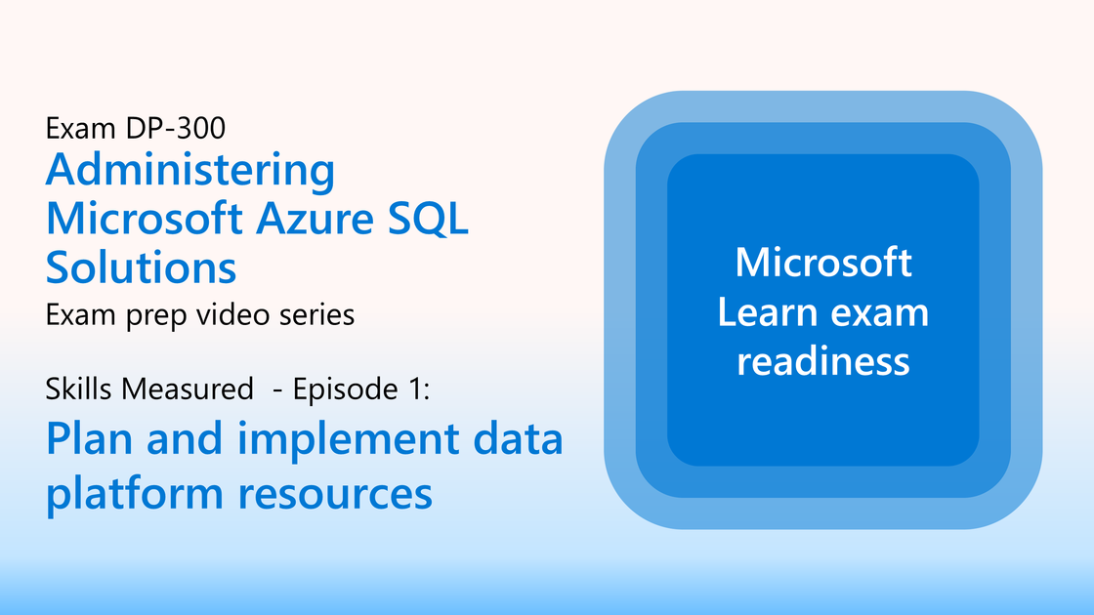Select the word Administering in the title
point(190,170)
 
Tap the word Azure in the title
point(316,219)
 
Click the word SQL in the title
point(428,219)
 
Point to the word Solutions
point(142,267)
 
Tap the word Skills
point(79,389)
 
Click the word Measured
point(188,389)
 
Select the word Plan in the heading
point(89,439)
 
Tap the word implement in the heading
point(348,440)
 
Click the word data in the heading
point(519,439)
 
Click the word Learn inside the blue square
point(767,311)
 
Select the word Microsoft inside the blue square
point(823,263)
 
